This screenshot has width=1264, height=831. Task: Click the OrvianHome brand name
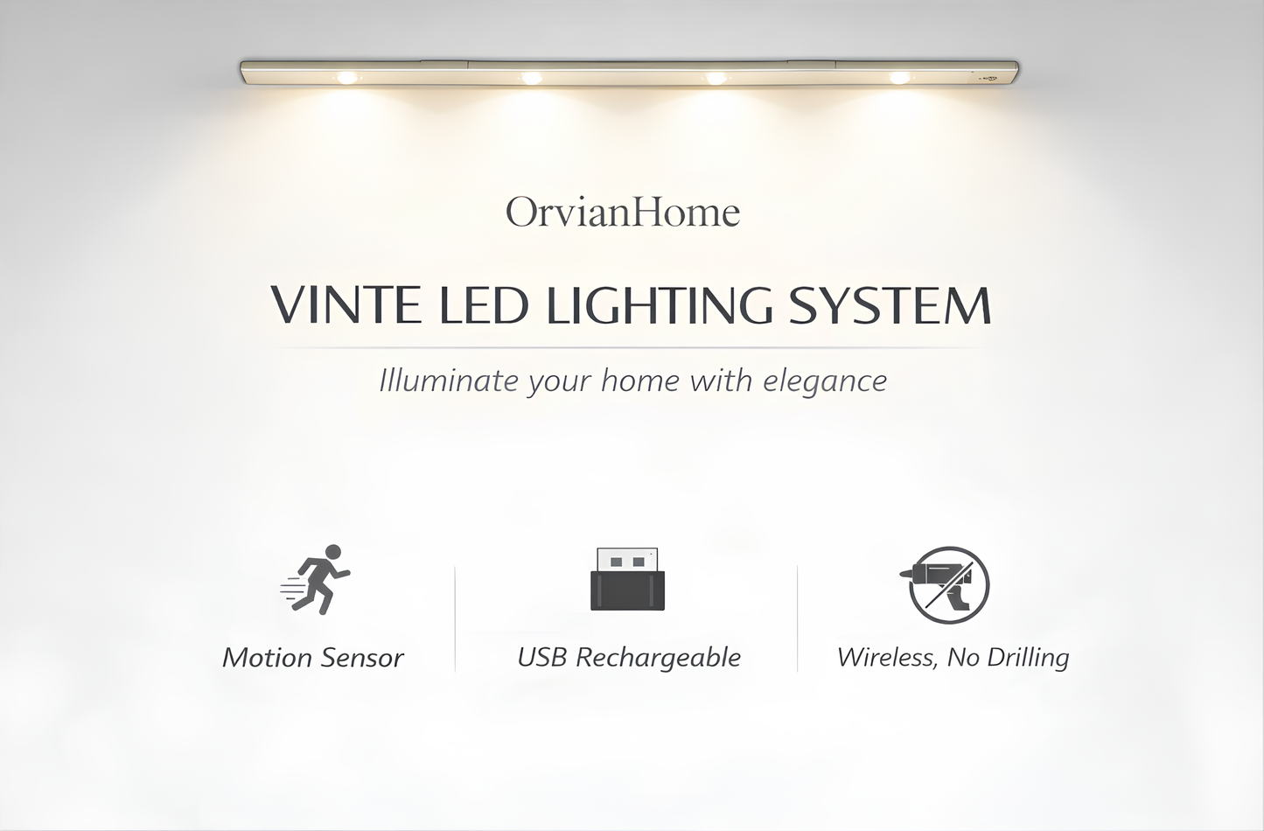coord(623,213)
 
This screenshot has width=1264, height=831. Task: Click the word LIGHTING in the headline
coord(660,305)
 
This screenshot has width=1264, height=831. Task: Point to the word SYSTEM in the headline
coord(890,305)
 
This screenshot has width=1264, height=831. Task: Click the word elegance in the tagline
coord(825,381)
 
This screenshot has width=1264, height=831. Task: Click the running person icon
coord(316,579)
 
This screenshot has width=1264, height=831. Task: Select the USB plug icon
coord(627,579)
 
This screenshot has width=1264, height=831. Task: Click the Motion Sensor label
coord(312,658)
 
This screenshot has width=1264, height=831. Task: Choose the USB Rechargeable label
coord(629,658)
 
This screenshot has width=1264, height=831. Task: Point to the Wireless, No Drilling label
coord(953,658)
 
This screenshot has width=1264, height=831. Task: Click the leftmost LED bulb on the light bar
coord(347,78)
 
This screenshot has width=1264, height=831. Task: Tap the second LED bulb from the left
coord(531,78)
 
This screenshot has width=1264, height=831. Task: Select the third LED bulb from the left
coord(716,78)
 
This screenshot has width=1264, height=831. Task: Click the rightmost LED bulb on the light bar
coord(899,78)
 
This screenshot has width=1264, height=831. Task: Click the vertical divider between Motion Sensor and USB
coord(455,618)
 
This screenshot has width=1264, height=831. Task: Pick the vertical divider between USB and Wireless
coord(797,618)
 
